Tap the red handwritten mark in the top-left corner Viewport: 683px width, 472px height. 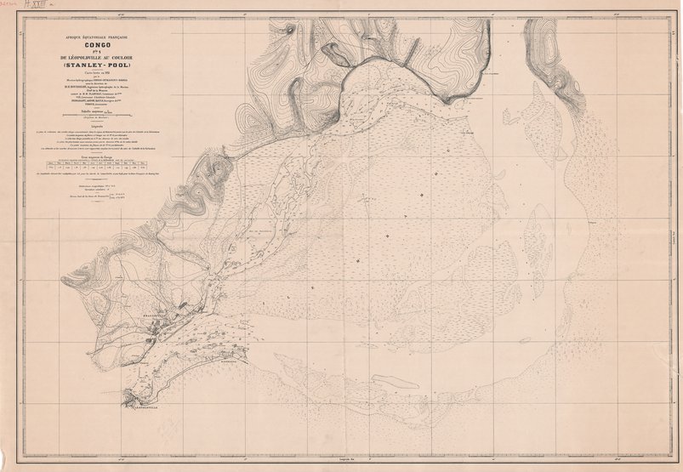click(x=13, y=7)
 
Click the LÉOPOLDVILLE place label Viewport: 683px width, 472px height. click(x=147, y=406)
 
